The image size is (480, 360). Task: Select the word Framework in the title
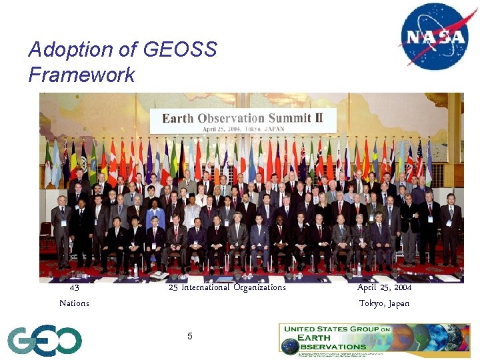pos(81,75)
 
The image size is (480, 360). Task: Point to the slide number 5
pos(189,336)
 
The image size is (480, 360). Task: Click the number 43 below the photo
pos(74,288)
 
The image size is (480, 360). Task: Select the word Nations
pos(74,303)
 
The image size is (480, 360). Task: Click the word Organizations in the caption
pos(260,288)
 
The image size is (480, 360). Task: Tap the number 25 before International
pos(173,288)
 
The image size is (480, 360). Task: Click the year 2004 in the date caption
pos(402,288)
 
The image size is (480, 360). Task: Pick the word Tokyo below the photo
pos(371,303)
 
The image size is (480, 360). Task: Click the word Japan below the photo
pos(398,303)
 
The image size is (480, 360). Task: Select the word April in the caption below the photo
pos(367,288)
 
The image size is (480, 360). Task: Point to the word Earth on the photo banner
pos(178,119)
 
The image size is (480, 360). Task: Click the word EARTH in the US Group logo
pos(321,337)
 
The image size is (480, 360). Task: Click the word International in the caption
pos(206,288)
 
